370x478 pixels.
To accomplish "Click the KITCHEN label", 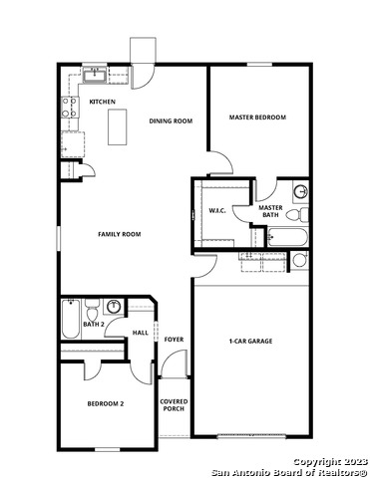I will pos(103,102).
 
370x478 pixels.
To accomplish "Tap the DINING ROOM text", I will pos(171,120).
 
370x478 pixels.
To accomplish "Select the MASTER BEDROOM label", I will pos(257,118).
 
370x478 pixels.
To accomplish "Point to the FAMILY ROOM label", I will pos(119,234).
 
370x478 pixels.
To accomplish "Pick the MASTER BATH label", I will pos(270,211).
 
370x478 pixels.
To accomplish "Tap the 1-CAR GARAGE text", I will pos(250,341).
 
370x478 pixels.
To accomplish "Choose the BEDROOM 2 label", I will pos(105,403).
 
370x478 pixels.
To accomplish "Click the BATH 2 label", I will pos(94,325).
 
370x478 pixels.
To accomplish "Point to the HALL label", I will pos(141,333).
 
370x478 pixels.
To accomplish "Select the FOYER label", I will pos(174,341).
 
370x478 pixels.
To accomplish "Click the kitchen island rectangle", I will pos(119,124).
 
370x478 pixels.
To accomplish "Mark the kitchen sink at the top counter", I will pos(96,74).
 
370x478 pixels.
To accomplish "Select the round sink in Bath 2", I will pos(115,307).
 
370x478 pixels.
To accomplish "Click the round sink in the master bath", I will pos(300,191).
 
